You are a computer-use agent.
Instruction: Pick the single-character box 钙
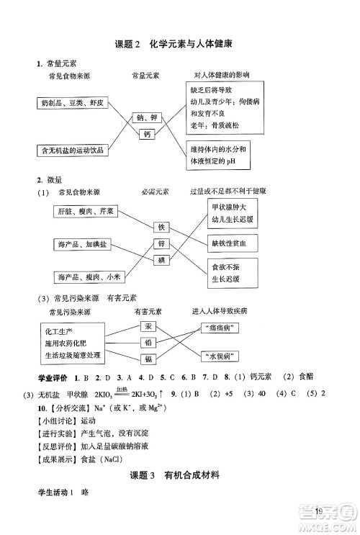147,134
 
